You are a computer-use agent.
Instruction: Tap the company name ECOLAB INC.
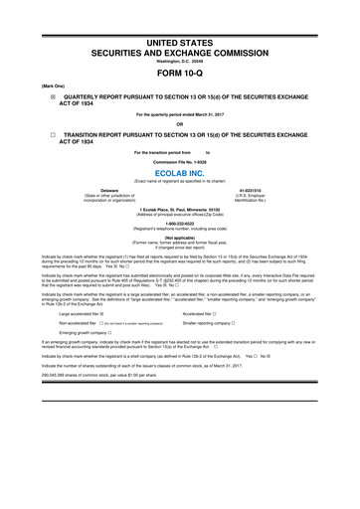[x=180, y=171]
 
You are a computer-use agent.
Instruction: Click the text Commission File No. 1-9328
[x=180, y=160]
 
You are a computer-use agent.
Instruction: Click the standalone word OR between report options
[x=180, y=124]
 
